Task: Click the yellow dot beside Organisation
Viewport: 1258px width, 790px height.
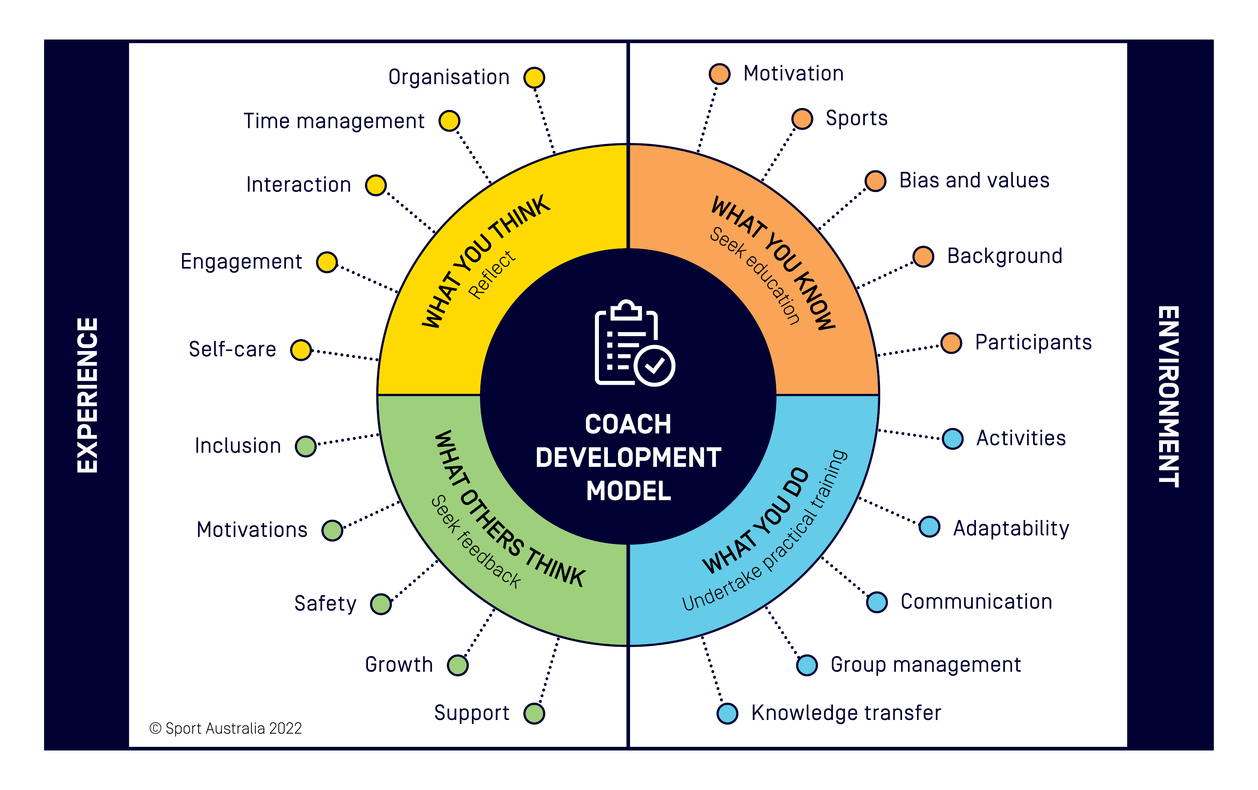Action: (534, 78)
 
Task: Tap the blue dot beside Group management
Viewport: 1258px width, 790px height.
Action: (807, 665)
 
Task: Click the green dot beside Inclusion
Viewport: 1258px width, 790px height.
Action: (306, 447)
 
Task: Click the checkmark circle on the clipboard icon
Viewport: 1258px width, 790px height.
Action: (654, 365)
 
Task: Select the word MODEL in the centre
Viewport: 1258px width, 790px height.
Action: (628, 491)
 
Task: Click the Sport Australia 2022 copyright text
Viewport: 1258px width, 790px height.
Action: (226, 728)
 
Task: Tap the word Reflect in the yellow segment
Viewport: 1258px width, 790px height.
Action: (492, 274)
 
